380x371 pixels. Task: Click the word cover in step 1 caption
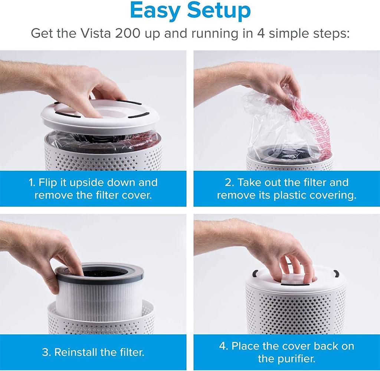pyautogui.click(x=137, y=195)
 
